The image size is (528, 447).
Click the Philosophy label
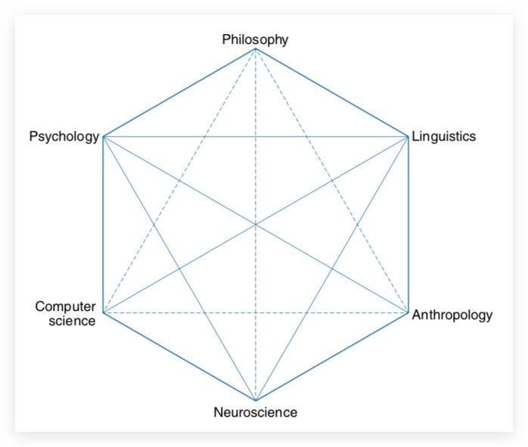[x=255, y=39]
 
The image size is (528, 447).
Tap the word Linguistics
[x=443, y=137]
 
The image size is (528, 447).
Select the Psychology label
[x=64, y=137]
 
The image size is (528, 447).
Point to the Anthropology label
[x=452, y=315]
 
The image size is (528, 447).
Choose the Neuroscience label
[x=255, y=413]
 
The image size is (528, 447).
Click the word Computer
[x=66, y=306]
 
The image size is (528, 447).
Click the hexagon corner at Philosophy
[x=256, y=49]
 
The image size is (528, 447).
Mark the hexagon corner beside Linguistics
[x=408, y=137]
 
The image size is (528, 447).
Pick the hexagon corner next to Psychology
[x=103, y=137]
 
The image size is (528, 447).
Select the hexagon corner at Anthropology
[x=408, y=312]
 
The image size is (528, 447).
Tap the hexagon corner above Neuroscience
[x=256, y=400]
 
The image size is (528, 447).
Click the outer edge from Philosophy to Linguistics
[x=332, y=93]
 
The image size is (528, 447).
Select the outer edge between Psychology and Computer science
[x=103, y=225]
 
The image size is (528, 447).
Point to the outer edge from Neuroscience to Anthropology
[x=332, y=356]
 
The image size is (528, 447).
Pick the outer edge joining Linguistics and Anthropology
[x=408, y=225]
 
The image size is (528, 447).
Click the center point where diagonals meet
[x=256, y=225]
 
